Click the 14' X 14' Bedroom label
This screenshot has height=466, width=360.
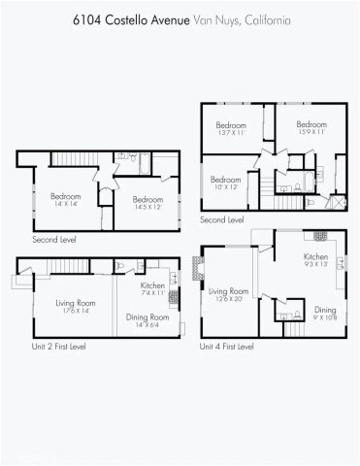pos(66,199)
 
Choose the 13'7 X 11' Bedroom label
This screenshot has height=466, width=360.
pos(231,128)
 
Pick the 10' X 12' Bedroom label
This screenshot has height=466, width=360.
pos(225,183)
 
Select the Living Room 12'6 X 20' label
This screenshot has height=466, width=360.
pos(230,294)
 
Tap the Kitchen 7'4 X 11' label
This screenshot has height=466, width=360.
pos(153,289)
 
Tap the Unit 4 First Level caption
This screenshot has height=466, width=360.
pos(226,347)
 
